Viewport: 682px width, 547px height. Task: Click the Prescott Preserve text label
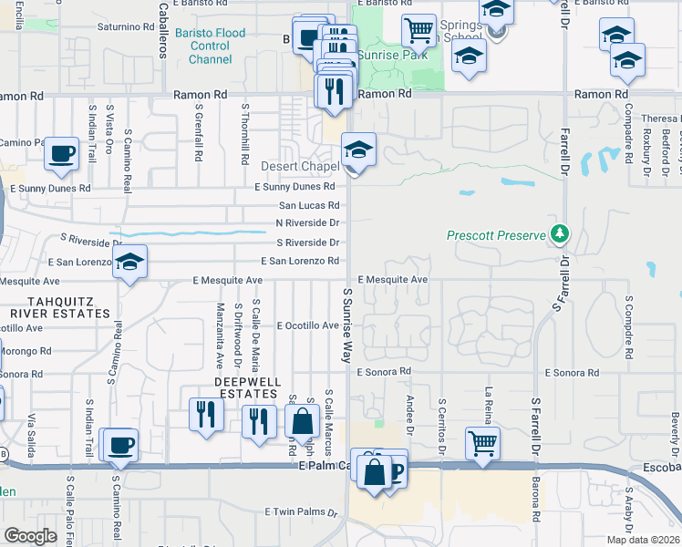tap(497, 235)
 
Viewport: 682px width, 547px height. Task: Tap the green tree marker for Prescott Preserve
tap(559, 234)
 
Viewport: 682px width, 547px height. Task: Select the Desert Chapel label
tap(300, 167)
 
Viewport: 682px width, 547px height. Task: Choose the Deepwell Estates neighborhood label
tap(246, 387)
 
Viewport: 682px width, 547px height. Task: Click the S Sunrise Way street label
tap(347, 325)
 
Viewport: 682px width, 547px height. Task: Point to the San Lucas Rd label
tap(309, 205)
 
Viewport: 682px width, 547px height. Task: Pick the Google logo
tap(30, 536)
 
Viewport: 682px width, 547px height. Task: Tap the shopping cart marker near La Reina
tap(482, 443)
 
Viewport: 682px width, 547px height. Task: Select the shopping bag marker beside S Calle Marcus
tap(302, 421)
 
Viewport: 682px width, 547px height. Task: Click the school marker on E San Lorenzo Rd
tap(130, 263)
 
